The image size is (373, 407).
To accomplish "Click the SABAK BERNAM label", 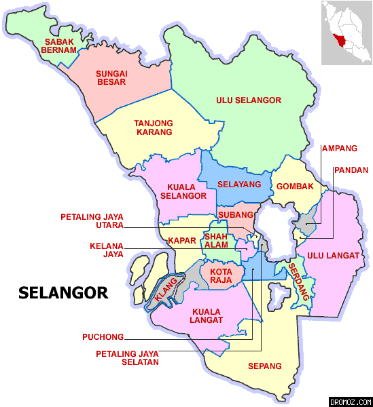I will point(59,45).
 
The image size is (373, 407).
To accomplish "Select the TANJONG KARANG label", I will point(154,127).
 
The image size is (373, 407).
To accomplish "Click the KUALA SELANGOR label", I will point(183,191).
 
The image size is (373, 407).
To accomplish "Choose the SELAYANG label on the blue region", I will point(239,185).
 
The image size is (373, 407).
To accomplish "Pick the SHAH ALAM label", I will point(216,241).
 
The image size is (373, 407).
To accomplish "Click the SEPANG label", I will point(264,366).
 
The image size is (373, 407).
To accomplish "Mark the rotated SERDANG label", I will point(300,281).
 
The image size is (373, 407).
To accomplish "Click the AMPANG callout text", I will point(339,149).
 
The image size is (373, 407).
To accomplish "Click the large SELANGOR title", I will point(63,293).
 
